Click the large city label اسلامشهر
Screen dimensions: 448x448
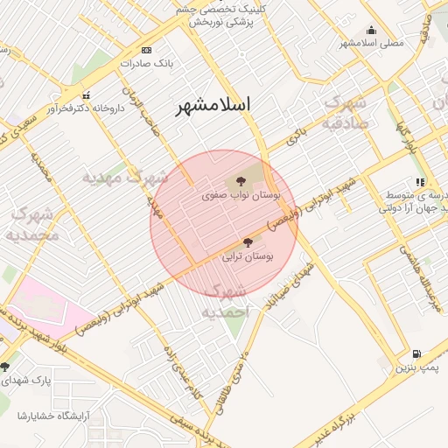213,105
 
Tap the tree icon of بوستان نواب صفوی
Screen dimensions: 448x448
241,182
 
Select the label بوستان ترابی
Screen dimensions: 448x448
248,257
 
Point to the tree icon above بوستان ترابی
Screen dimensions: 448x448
248,241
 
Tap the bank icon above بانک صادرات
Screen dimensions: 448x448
146,50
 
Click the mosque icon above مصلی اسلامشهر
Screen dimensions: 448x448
371,29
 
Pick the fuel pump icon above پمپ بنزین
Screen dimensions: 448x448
416,353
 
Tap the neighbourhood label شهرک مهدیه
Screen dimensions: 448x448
124,178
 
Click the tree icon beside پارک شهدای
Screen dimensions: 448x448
5,367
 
